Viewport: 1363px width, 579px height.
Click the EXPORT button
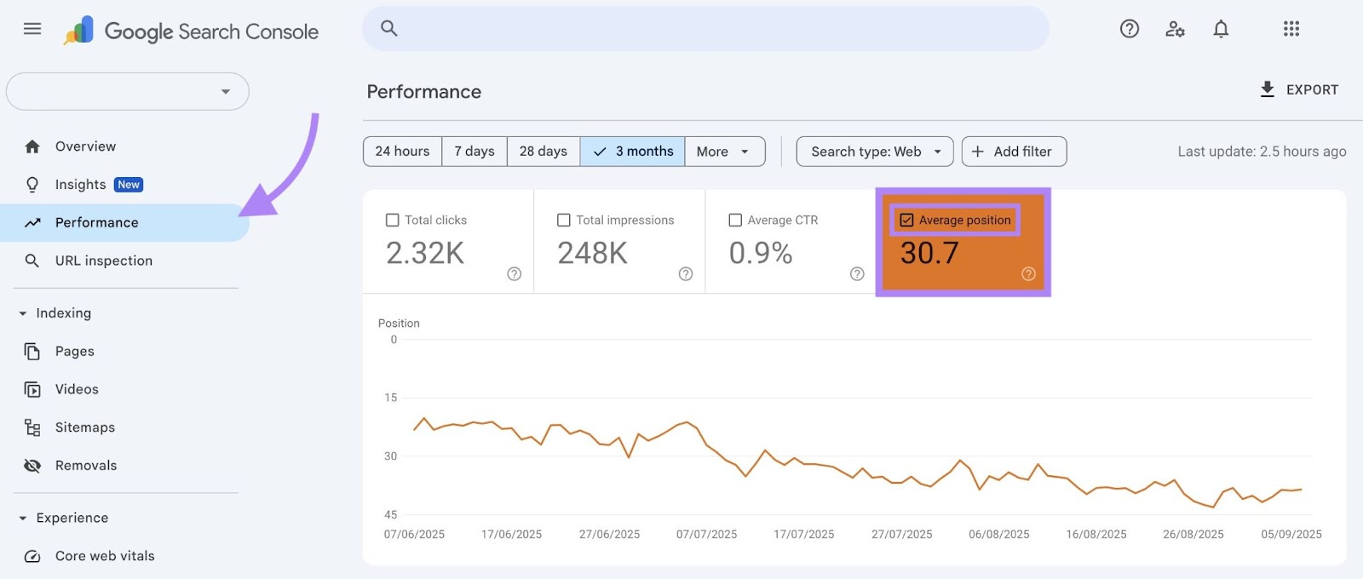(x=1299, y=89)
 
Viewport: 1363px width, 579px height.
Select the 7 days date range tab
(x=474, y=152)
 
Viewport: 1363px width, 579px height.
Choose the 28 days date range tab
(x=543, y=152)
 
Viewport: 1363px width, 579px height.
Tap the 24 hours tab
(x=402, y=152)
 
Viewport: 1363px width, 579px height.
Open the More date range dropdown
(x=723, y=152)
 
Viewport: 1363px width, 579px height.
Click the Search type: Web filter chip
(x=875, y=152)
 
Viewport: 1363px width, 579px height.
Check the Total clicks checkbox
(x=393, y=220)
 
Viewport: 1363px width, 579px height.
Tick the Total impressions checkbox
(x=564, y=220)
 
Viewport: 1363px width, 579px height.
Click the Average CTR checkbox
(x=735, y=220)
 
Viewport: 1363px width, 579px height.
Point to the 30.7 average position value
(x=929, y=253)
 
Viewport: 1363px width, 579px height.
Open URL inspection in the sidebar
(x=103, y=261)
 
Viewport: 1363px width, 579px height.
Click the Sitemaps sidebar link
(x=84, y=427)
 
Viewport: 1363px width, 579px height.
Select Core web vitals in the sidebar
(x=104, y=556)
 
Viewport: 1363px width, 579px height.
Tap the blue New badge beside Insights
(x=129, y=185)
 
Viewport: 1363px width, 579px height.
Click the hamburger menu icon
(x=32, y=29)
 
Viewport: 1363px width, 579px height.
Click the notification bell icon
(x=1221, y=29)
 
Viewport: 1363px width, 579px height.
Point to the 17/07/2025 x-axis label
(x=803, y=535)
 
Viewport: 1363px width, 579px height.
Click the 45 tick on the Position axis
(x=390, y=514)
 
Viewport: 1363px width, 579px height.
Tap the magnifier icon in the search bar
(x=389, y=28)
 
